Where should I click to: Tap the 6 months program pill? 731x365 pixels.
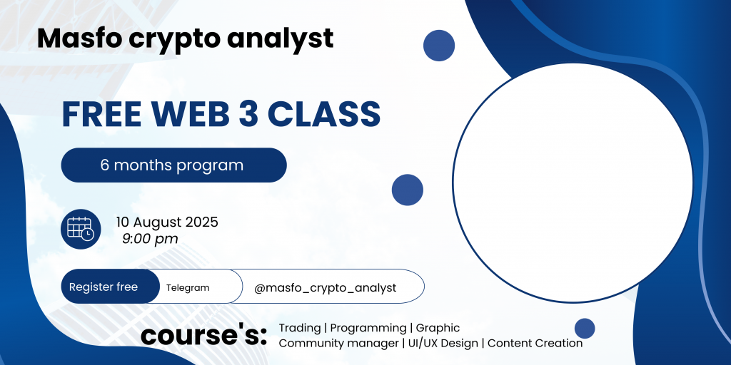click(174, 165)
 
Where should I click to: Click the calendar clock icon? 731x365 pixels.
click(81, 229)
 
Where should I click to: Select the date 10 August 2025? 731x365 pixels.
click(167, 222)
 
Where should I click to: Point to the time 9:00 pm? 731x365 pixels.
click(150, 240)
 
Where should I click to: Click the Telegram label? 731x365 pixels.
click(188, 288)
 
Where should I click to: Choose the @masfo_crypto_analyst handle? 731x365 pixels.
click(326, 288)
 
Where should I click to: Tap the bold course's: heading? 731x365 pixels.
click(203, 335)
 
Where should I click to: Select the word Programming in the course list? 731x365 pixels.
click(368, 328)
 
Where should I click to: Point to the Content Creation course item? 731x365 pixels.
click(535, 344)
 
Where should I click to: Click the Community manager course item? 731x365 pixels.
click(339, 344)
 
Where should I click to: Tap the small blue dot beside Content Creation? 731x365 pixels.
click(585, 328)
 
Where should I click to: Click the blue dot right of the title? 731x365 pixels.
click(439, 45)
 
